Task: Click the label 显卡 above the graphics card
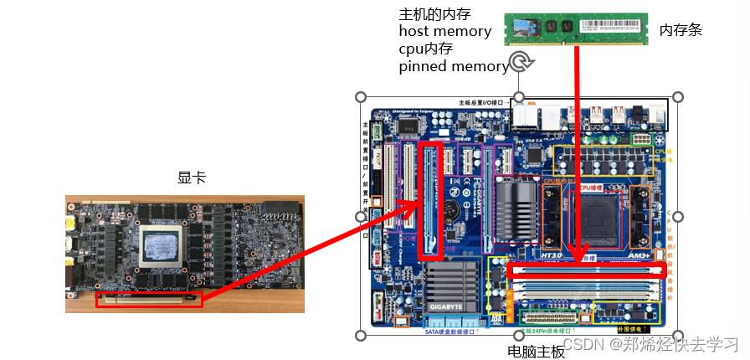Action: point(191,178)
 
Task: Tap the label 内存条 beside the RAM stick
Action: point(681,30)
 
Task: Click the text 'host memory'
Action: point(444,31)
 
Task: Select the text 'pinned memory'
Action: point(453,66)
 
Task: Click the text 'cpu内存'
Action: point(425,49)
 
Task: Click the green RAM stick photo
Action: point(577,28)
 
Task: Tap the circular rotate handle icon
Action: point(521,60)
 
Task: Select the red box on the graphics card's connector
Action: point(149,299)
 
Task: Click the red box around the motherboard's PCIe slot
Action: point(431,201)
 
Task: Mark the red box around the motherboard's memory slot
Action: point(587,270)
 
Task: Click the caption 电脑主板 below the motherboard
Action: point(537,352)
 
